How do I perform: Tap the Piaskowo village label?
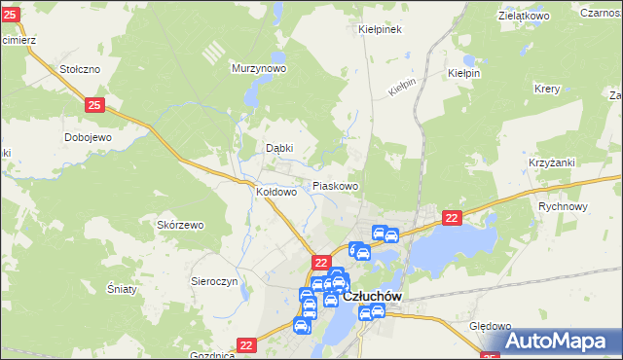335,186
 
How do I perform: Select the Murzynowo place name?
258,69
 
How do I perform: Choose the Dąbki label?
279,148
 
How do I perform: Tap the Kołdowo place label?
275,193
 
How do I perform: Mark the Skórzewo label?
180,225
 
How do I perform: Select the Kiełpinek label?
380,29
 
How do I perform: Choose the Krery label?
546,88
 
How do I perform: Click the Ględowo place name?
490,327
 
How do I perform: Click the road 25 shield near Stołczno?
93,104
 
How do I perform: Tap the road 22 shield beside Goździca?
246,344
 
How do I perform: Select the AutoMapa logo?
558,341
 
